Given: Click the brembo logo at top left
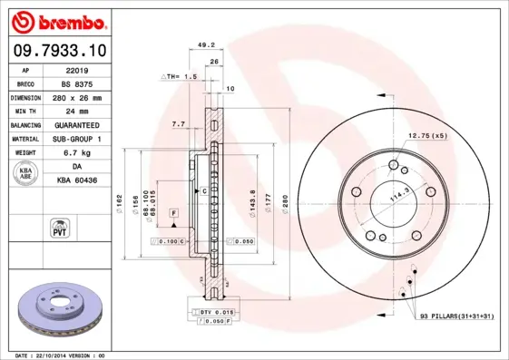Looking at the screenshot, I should [x=60, y=22].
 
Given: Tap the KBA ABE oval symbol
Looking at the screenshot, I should [x=26, y=175].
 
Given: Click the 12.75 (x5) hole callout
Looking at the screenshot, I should [x=427, y=135].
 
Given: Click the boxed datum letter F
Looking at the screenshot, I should [x=173, y=212].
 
